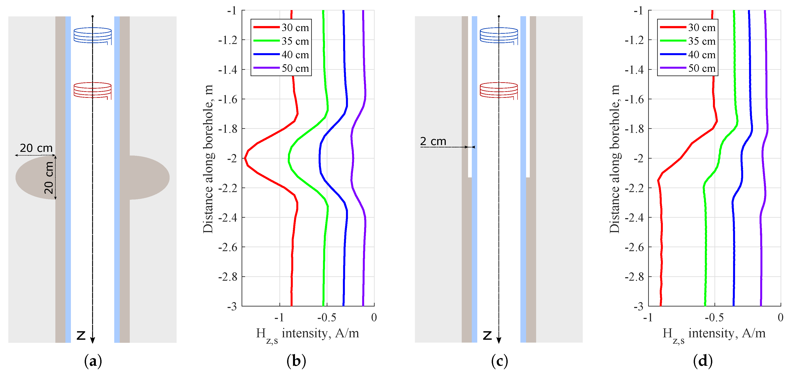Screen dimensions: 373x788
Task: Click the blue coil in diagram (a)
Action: pos(92,35)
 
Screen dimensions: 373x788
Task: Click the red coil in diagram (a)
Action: pos(92,90)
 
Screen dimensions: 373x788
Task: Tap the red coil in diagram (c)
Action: pos(499,90)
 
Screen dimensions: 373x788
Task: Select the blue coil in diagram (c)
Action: pos(499,35)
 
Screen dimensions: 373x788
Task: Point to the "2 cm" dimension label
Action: pos(433,141)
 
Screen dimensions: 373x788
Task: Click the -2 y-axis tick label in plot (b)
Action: pos(232,159)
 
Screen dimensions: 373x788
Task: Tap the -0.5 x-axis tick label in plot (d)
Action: pos(714,318)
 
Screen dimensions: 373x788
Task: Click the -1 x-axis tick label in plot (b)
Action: pos(279,318)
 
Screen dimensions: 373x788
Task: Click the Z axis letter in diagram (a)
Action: pos(81,335)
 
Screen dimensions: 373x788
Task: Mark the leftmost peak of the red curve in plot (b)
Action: pos(245,158)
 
